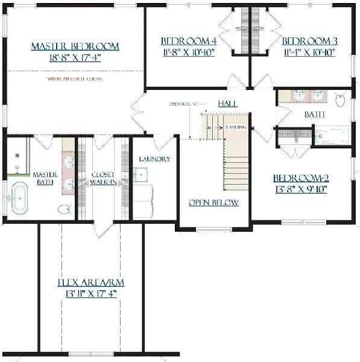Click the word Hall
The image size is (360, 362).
[227, 104]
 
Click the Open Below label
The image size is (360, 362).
[213, 203]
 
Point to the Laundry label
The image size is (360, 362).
[154, 159]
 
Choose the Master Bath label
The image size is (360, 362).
[45, 178]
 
